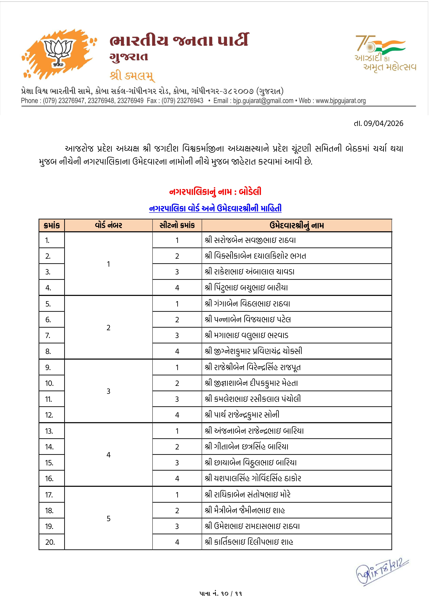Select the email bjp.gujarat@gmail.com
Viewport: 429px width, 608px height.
coord(263,101)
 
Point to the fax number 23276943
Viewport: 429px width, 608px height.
coord(190,101)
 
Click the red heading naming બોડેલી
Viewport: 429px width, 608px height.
coord(215,191)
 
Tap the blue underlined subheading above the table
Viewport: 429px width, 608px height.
coord(215,208)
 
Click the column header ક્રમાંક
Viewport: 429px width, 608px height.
coord(52,225)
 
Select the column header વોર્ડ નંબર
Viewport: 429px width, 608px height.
coord(108,225)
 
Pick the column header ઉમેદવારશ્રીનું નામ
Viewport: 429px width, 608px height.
coord(296,225)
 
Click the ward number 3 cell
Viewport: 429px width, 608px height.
coord(108,391)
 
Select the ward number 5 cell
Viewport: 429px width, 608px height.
coord(108,518)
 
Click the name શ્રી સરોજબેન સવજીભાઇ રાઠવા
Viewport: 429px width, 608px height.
coord(250,240)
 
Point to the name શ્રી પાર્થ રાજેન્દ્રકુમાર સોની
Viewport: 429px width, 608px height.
coord(242,415)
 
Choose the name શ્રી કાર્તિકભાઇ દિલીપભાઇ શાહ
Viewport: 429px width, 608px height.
coord(249,542)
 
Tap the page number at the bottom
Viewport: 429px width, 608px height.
coord(220,593)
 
